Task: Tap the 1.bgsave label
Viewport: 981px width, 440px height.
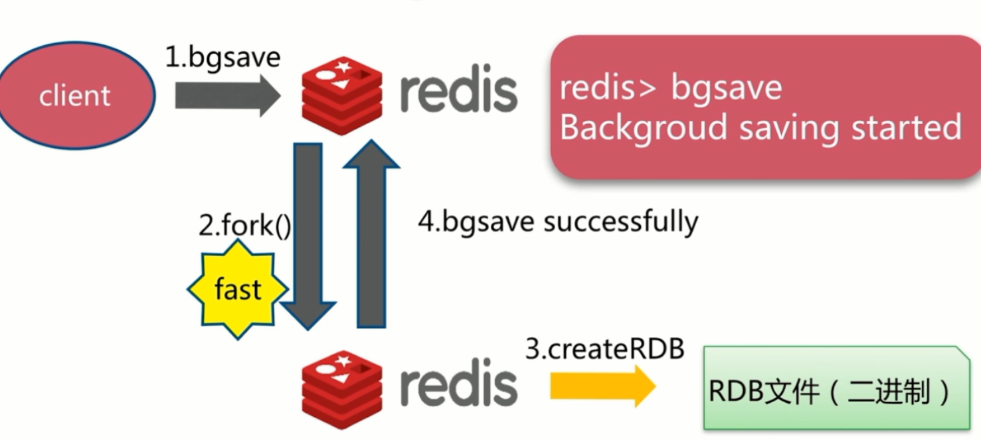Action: [223, 58]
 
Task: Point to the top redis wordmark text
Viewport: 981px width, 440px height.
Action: [458, 92]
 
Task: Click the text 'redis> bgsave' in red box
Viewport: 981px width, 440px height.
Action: [671, 88]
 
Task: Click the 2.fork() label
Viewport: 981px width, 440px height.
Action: [245, 226]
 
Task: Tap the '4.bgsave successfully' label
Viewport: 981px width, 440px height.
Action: [558, 222]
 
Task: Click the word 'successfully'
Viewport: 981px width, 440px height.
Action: [620, 222]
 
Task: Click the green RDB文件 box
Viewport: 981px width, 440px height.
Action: [830, 388]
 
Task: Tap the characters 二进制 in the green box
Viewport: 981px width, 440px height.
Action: [890, 393]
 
